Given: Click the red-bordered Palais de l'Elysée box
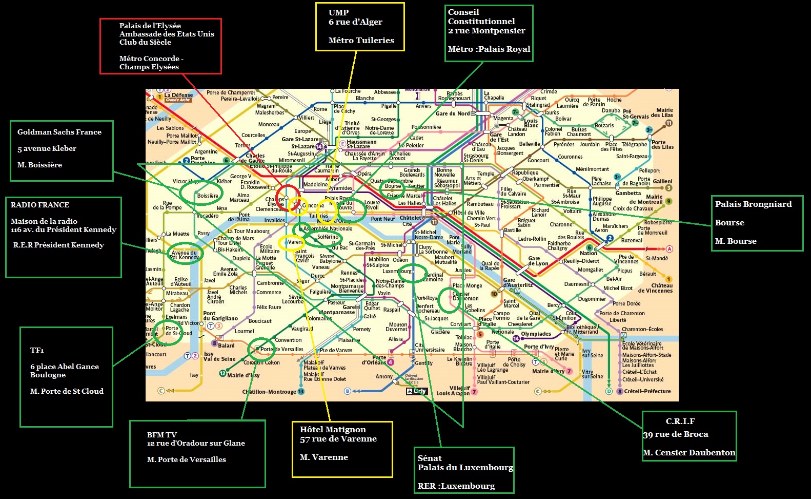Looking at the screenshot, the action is pyautogui.click(x=160, y=46).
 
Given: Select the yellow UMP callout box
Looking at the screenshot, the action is pyautogui.click(x=360, y=27).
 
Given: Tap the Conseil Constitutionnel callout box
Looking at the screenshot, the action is pyautogui.click(x=489, y=33).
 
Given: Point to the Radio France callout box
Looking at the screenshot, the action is pyautogui.click(x=64, y=237).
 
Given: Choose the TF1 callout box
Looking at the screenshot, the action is pyautogui.click(x=66, y=377).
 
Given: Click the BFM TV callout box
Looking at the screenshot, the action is pyautogui.click(x=197, y=453).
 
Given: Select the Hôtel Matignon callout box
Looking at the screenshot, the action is pyautogui.click(x=342, y=449).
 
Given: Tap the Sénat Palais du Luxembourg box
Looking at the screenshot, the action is pyautogui.click(x=464, y=470).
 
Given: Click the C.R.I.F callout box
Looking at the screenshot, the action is pyautogui.click(x=689, y=436).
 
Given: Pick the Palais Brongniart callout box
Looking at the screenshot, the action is pyautogui.click(x=756, y=223).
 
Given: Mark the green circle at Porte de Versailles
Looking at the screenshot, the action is pyautogui.click(x=261, y=349).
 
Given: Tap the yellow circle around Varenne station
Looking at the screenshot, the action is pyautogui.click(x=291, y=242).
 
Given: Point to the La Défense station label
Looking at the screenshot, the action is pyautogui.click(x=178, y=95).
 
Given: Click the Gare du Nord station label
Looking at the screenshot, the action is pyautogui.click(x=453, y=113).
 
